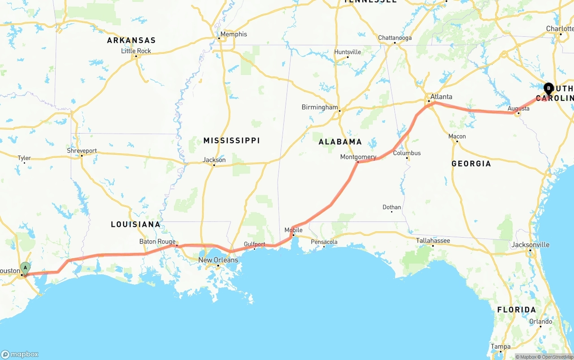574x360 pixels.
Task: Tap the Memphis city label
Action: point(233,34)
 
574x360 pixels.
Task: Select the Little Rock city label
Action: point(136,51)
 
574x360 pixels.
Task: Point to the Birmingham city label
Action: point(320,107)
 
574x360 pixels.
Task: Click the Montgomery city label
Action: point(358,157)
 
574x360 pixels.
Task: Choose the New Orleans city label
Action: point(218,260)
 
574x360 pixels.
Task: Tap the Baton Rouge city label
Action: point(157,242)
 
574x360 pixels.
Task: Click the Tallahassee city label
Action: point(433,241)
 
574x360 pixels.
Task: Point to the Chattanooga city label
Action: point(395,38)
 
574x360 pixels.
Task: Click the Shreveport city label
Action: point(82,151)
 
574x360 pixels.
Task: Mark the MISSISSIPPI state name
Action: point(231,141)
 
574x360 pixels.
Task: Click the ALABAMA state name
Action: point(340,142)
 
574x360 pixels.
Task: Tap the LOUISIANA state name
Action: point(135,224)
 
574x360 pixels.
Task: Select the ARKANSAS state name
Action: point(131,40)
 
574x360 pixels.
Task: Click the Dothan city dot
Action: point(392,212)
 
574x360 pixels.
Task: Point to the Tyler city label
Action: point(24,158)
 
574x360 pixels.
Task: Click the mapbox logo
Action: point(20,354)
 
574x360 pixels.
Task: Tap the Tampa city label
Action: point(500,347)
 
